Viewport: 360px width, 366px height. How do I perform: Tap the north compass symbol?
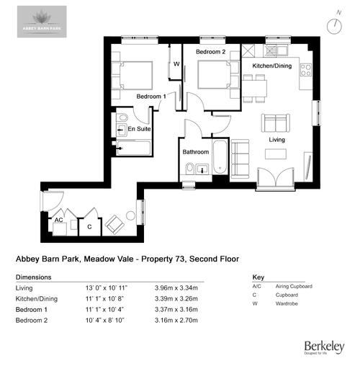pyautogui.click(x=333, y=24)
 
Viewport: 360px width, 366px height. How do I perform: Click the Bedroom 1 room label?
pyautogui.click(x=152, y=97)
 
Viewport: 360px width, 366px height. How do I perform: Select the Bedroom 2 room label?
pyautogui.click(x=212, y=53)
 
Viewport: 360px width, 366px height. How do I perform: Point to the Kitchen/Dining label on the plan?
pyautogui.click(x=271, y=66)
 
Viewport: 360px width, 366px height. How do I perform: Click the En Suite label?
pyautogui.click(x=139, y=129)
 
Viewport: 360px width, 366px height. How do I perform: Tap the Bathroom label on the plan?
pyautogui.click(x=195, y=152)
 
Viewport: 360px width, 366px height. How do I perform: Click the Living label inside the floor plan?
pyautogui.click(x=279, y=139)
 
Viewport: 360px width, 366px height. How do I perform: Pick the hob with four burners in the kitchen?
pyautogui.click(x=305, y=70)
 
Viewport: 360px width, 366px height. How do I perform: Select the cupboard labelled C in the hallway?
pyautogui.click(x=89, y=226)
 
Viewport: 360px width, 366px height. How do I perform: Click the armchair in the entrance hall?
pyautogui.click(x=114, y=226)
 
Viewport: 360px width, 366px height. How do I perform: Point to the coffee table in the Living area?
pyautogui.click(x=276, y=154)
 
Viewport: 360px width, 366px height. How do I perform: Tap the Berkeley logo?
pyautogui.click(x=323, y=347)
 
